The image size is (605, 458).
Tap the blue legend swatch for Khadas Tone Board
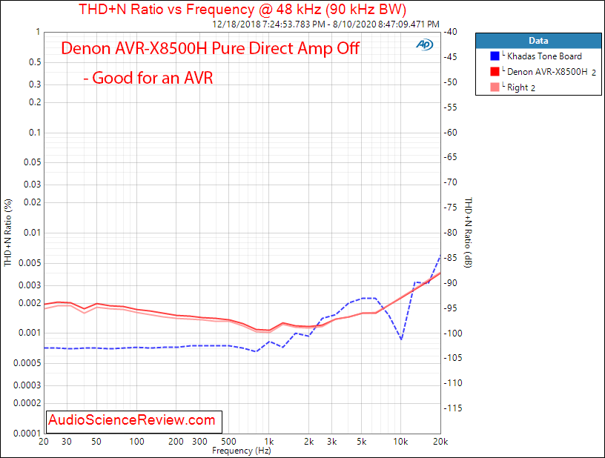pos(495,56)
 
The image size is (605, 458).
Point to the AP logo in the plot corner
pos(425,44)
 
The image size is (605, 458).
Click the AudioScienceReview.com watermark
pos(132,420)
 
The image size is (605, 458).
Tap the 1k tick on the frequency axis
pos(270,442)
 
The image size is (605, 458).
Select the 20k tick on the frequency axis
pos(440,442)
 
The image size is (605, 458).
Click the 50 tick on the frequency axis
pos(98,442)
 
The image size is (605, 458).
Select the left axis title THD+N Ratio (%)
pos(8,233)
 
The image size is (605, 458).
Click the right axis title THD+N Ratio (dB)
pos(467,233)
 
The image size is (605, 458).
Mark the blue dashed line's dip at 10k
pos(401,339)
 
